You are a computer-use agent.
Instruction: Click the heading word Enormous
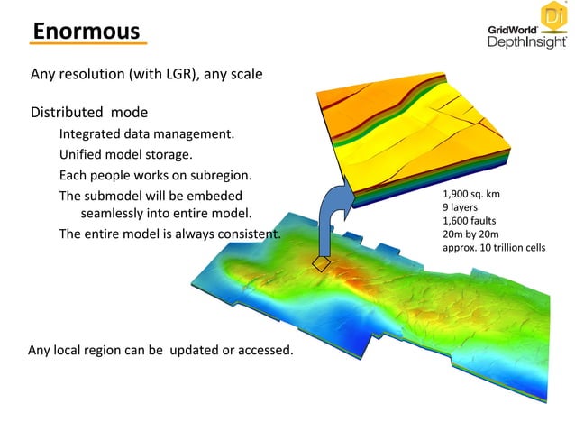tap(87, 31)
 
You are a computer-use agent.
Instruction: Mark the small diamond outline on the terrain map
tap(322, 263)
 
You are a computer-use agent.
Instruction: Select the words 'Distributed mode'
tap(89, 114)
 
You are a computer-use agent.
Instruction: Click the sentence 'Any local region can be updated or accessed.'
tap(161, 350)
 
